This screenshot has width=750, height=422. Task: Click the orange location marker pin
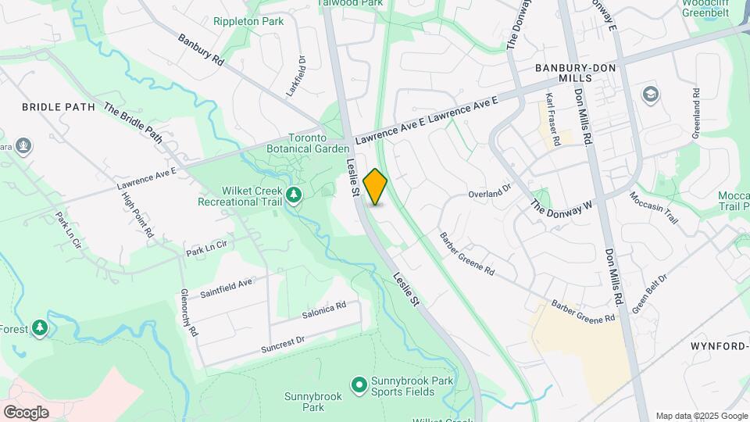click(376, 187)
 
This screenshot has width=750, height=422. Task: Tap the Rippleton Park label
click(248, 21)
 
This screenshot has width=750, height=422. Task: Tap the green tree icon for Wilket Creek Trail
click(294, 194)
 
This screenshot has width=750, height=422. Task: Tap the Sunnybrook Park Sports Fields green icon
click(359, 384)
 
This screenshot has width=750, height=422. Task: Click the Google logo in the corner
click(26, 413)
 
